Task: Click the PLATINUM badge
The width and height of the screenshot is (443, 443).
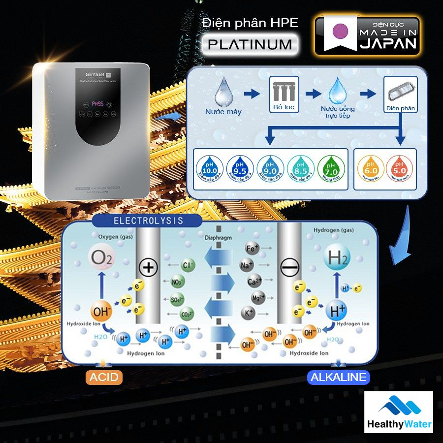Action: (250, 44)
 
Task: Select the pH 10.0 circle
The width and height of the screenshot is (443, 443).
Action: (209, 167)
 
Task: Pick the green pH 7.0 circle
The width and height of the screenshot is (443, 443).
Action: (330, 167)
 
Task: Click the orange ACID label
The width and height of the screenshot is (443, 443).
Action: (104, 378)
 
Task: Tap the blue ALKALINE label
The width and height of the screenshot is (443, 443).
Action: (338, 378)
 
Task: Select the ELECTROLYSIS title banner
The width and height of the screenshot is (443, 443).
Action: (148, 221)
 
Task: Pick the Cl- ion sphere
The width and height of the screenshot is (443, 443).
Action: (188, 265)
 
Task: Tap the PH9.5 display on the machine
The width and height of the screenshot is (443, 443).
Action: (97, 104)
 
